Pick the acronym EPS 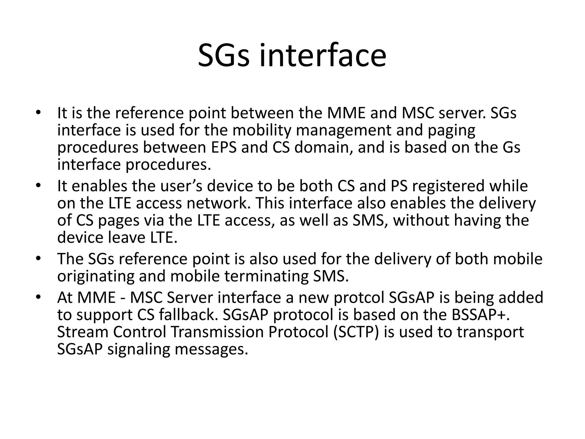(224, 147)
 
